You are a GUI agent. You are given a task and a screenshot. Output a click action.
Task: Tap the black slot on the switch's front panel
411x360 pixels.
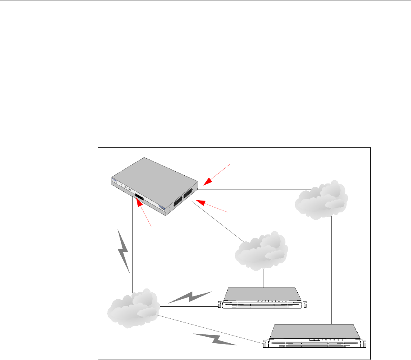139,198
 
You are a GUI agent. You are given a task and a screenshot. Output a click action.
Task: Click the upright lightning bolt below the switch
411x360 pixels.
124,251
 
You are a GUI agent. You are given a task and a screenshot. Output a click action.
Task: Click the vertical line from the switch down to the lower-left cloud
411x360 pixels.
133,245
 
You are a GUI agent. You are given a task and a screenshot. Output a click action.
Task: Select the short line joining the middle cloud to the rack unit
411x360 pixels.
263,279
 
